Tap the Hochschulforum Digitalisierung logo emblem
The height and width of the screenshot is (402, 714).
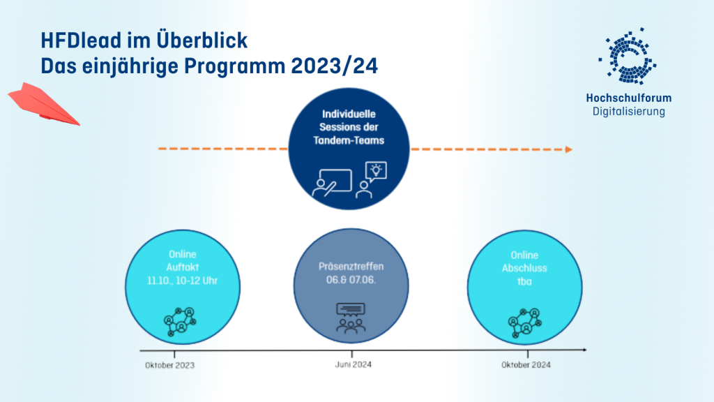[628, 56]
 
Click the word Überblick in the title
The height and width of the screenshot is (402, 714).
[202, 40]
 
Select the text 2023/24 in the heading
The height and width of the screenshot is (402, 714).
[334, 66]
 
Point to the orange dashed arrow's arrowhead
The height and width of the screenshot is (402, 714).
[569, 149]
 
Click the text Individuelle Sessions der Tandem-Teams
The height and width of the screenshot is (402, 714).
[349, 127]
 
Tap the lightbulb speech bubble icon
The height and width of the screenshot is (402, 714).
[376, 172]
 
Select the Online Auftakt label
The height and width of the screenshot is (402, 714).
[182, 261]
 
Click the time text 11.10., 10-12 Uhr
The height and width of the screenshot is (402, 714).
[182, 281]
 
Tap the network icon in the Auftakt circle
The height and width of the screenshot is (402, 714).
[180, 322]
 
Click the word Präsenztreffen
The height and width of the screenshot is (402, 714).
[351, 267]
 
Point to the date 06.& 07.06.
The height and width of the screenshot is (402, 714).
[351, 280]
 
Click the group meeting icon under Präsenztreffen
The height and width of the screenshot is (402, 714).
[351, 318]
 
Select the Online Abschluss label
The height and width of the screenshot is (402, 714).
[524, 262]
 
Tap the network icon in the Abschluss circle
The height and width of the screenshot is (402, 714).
[525, 322]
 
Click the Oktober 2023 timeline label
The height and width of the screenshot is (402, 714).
[170, 365]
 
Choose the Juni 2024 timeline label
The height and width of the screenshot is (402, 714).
[354, 364]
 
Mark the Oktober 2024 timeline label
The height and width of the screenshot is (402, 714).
[526, 364]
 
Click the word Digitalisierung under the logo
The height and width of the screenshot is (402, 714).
[629, 111]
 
